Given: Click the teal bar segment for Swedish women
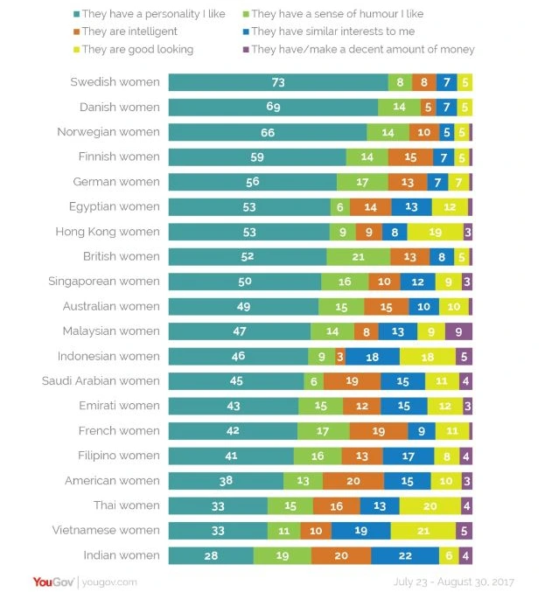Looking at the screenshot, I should (278, 82).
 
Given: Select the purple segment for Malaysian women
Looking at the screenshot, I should (458, 331).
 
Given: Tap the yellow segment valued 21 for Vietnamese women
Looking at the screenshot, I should (423, 530).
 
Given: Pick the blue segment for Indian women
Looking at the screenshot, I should (404, 555).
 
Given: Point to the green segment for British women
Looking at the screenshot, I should (358, 257).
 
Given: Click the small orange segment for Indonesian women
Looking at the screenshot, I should (339, 357).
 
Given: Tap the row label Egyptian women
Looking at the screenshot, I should (115, 206).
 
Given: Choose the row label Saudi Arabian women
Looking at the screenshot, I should (101, 381).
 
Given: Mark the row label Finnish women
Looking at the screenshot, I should (118, 157).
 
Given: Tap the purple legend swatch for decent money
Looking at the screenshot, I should (247, 50).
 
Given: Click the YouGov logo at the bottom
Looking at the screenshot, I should (54, 582).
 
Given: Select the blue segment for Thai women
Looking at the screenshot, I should (380, 505).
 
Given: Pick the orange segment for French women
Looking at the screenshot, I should (378, 431).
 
